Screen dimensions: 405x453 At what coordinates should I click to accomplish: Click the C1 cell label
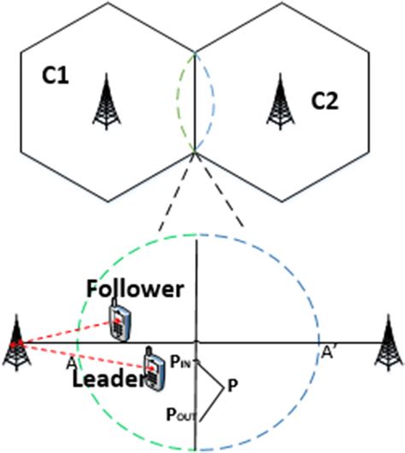(56, 76)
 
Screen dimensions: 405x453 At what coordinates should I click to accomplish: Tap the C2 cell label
(325, 102)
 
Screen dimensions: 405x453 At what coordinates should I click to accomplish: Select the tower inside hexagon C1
(107, 102)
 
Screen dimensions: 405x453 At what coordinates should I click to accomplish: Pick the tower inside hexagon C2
(280, 102)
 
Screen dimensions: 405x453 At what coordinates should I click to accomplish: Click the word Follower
(135, 289)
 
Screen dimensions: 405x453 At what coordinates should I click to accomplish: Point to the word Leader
(108, 379)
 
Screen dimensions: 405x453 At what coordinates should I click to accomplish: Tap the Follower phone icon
(120, 320)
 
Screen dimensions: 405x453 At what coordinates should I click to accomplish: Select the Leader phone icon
(155, 368)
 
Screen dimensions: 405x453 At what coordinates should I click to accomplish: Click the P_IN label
(181, 362)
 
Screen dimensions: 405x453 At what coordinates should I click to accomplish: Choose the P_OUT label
(181, 415)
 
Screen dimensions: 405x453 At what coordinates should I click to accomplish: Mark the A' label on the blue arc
(329, 352)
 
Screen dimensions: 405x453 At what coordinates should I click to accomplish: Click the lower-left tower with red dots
(16, 343)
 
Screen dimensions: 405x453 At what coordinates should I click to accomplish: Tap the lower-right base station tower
(389, 343)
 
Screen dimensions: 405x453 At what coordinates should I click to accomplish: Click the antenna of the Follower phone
(114, 303)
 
